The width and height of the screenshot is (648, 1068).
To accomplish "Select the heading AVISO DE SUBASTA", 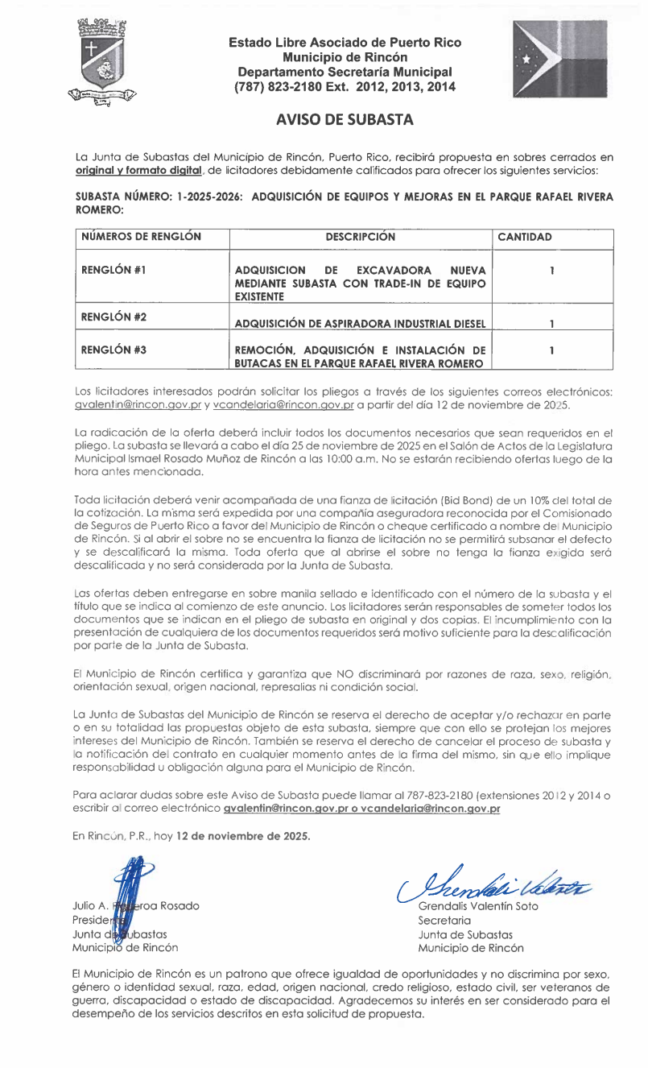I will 345,120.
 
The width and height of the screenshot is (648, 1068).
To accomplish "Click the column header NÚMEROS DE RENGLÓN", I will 142,237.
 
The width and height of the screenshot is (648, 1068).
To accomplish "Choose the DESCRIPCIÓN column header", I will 360,237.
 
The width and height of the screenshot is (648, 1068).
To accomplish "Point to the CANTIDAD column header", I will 525,238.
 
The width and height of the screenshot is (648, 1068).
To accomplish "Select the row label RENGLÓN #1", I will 113,270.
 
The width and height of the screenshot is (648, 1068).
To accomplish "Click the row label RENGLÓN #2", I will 114,317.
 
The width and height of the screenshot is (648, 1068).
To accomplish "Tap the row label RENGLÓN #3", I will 114,350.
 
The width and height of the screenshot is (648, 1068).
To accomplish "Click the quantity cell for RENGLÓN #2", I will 551,324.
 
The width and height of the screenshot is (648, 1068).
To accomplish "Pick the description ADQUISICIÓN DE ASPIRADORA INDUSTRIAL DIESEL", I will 360,324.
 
